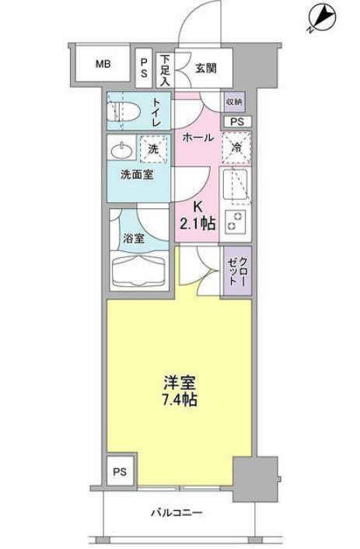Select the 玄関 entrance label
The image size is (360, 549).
click(205, 68)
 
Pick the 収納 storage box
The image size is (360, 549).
click(234, 102)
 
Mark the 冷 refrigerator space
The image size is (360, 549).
click(235, 145)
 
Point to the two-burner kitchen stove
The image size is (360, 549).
click(234, 220)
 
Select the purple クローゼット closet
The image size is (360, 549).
click(237, 270)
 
